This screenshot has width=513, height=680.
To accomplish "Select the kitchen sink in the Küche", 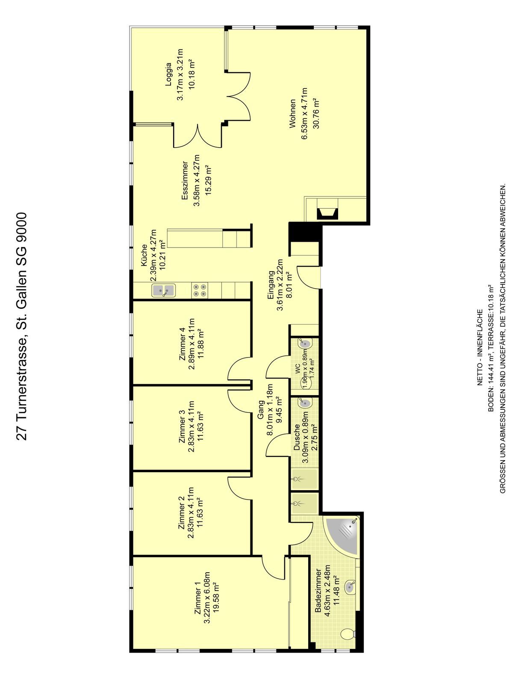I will [163, 291].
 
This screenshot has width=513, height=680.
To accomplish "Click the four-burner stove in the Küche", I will [199, 291].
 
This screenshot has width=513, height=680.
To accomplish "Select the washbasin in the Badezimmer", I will [351, 586].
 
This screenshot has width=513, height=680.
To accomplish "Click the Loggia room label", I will [169, 74].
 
